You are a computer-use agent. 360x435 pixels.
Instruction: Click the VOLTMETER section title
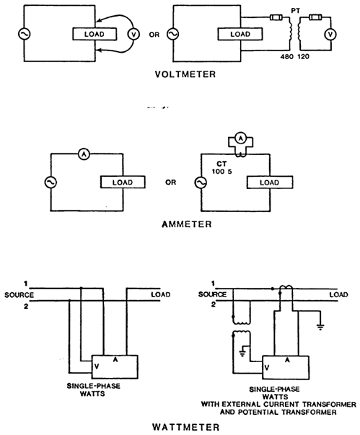coord(185,74)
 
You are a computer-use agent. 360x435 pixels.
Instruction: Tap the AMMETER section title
coord(187,224)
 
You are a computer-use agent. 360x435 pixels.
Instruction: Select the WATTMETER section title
coord(186,427)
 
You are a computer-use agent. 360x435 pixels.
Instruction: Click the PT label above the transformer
coord(295,11)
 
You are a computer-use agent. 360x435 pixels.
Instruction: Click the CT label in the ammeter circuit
coord(221,164)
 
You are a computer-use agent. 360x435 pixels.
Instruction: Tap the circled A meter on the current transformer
coord(241,138)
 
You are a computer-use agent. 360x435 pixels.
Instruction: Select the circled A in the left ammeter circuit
coord(84,154)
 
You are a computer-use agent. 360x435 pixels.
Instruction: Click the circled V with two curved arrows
coord(133,34)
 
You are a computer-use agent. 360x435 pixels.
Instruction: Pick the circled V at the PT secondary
coord(330,35)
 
